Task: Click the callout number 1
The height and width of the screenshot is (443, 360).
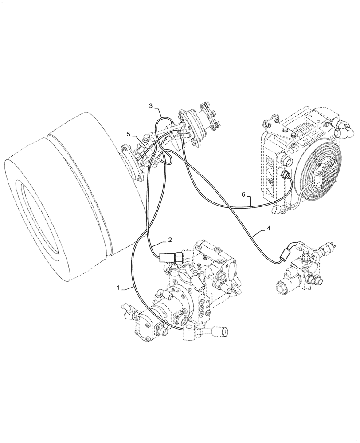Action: point(118,288)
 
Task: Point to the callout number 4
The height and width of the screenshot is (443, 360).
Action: point(268,229)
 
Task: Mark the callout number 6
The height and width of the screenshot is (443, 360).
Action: point(243,194)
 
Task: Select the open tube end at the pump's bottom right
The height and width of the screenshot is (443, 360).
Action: point(221,330)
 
